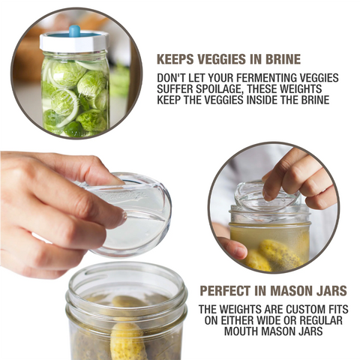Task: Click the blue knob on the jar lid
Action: pyautogui.click(x=74, y=31)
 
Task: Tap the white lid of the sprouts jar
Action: pyautogui.click(x=73, y=42)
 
